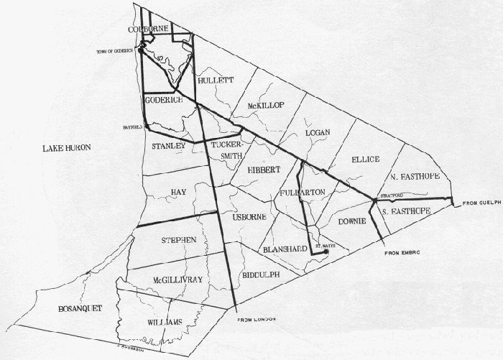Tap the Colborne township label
(148, 29)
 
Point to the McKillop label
(266, 106)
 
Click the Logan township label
(317, 133)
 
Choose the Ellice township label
(365, 159)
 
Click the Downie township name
(353, 221)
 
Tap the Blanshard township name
(286, 249)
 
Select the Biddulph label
(259, 274)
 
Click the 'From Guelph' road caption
(481, 202)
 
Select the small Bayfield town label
(133, 125)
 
